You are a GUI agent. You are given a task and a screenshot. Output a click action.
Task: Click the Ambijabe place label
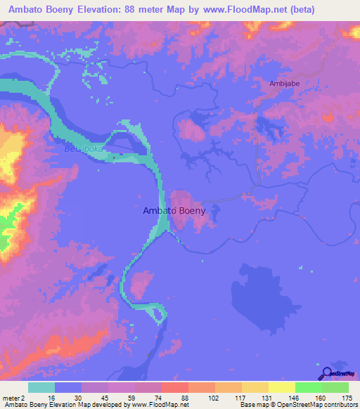283,84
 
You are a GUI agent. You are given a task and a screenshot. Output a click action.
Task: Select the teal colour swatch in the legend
41,387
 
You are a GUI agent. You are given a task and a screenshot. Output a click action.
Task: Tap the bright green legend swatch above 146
307,387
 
